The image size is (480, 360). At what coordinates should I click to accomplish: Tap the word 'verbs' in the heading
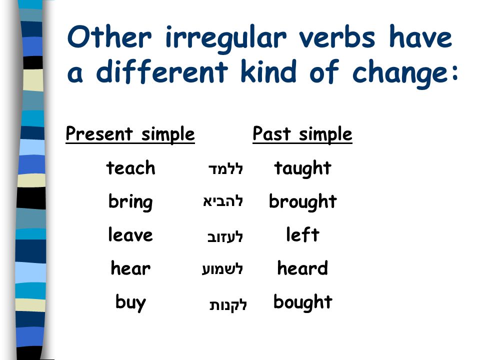coord(336,37)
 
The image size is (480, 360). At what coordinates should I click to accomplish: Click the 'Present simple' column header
coord(130,134)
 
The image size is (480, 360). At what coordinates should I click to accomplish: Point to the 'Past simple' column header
coord(302,134)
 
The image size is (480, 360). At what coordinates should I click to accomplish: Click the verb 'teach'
coord(130,168)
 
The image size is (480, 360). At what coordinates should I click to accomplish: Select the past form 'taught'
coord(302,169)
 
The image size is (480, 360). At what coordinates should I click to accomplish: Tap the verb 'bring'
coord(130,202)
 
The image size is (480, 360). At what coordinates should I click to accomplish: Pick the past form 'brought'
coord(303,202)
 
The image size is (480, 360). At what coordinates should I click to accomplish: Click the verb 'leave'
coord(130,234)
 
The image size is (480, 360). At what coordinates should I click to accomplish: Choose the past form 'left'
coord(303,234)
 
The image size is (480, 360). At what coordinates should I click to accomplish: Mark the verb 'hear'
coord(130,268)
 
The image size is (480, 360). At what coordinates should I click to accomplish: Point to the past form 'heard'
coord(302,268)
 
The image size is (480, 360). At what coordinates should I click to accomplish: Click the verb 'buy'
coord(130,303)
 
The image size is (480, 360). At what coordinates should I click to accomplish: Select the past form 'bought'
coord(303,302)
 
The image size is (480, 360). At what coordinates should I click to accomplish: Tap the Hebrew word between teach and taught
coord(225,168)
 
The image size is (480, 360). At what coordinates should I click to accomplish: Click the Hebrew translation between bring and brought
coord(223,201)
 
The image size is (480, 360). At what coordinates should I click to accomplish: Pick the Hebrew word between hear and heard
coord(222,269)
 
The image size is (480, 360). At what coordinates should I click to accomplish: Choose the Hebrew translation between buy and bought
coord(228,304)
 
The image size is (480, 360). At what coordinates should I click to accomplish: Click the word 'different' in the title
coord(162,71)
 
